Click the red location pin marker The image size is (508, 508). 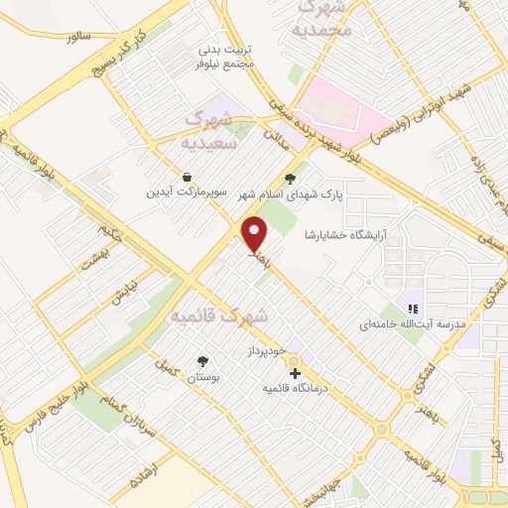[257, 234]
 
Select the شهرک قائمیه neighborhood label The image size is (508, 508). [219, 317]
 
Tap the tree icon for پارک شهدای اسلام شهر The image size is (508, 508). [290, 180]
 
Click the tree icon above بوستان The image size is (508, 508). [203, 361]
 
